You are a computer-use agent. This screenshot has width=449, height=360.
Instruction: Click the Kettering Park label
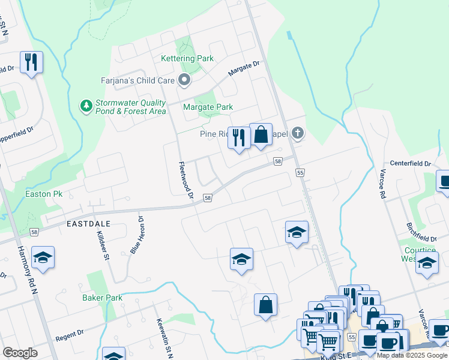(187, 58)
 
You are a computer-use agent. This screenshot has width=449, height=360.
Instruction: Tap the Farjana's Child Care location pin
(184, 80)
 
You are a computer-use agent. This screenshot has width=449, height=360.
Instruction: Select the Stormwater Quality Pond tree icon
(86, 106)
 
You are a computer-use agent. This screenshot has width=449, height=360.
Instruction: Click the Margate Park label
(208, 107)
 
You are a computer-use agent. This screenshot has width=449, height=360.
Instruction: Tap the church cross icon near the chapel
(297, 134)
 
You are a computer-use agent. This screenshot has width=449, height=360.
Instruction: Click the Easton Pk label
(44, 194)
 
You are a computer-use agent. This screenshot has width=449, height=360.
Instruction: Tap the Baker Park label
(102, 298)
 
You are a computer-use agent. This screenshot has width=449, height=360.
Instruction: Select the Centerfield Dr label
(411, 163)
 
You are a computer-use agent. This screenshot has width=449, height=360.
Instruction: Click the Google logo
(20, 353)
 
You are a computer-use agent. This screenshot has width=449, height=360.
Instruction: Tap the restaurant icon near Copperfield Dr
(30, 62)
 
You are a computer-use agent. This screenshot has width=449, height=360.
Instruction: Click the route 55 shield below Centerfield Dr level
(300, 173)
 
